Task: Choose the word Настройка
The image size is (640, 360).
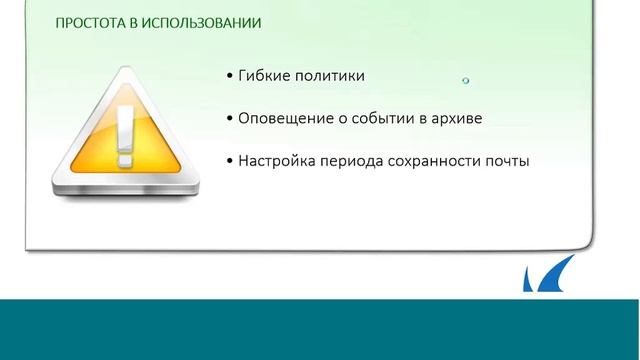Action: [277, 160]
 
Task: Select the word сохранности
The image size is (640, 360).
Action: [437, 160]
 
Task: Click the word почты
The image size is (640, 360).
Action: [507, 160]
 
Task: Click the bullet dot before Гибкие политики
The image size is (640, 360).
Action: [230, 77]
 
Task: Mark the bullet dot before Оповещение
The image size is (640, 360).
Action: [230, 119]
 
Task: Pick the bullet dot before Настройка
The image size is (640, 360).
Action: [230, 161]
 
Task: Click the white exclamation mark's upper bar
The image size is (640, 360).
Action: [125, 125]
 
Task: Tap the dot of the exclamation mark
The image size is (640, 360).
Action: [125, 158]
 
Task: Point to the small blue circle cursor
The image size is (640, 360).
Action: [466, 80]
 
